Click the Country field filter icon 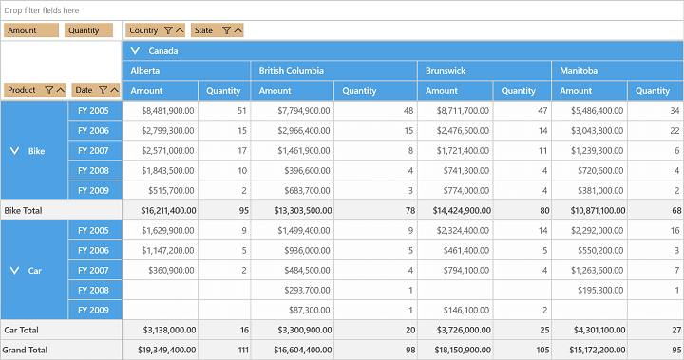(168, 30)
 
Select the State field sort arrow (238, 30)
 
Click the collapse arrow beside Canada (135, 50)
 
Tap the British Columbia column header (292, 70)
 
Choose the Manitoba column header (579, 70)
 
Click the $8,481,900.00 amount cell (168, 111)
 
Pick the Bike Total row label (23, 210)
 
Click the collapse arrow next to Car (14, 271)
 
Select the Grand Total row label (25, 350)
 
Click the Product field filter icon (48, 90)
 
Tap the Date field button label (84, 90)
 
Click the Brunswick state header (446, 70)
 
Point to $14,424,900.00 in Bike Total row (462, 210)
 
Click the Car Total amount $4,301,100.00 (599, 331)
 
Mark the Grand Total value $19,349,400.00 (167, 350)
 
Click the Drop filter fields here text (42, 10)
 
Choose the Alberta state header (145, 70)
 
